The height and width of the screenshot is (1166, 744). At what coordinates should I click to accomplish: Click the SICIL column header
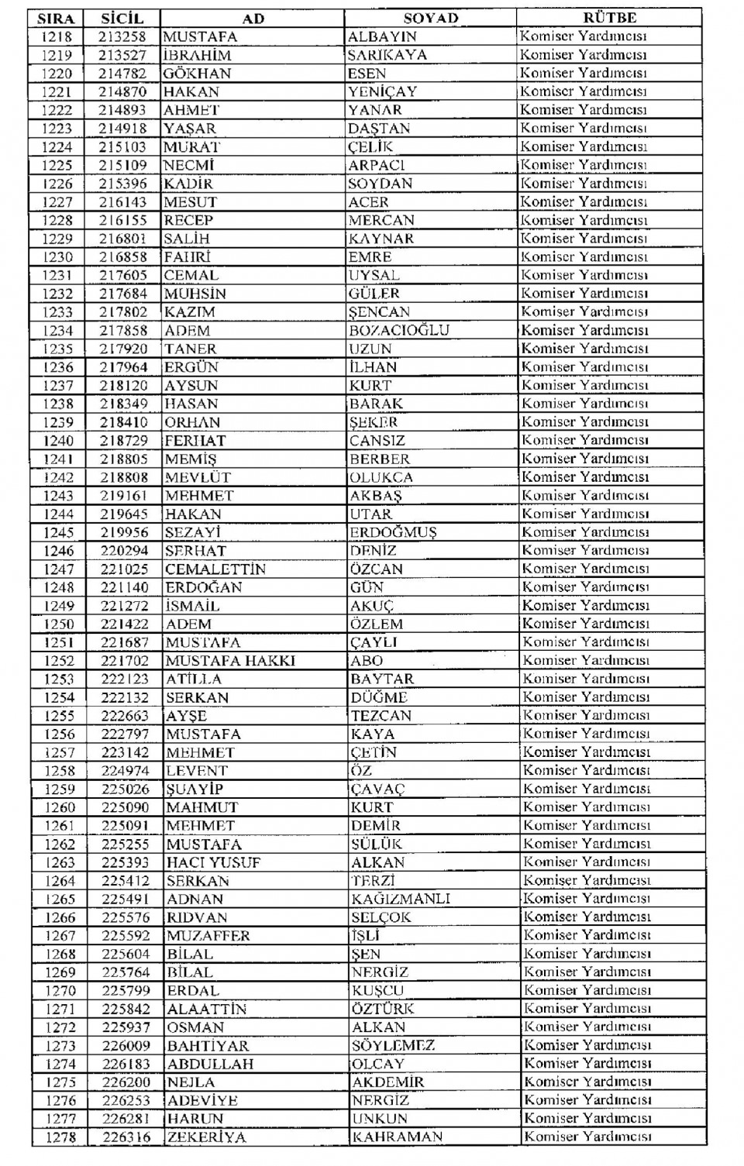click(122, 18)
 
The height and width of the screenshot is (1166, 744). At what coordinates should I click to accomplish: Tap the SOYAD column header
click(430, 18)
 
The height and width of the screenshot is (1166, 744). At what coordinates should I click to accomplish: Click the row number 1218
click(55, 36)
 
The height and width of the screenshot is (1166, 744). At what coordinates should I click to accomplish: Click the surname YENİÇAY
click(383, 91)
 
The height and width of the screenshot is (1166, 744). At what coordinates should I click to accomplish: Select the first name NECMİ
click(188, 165)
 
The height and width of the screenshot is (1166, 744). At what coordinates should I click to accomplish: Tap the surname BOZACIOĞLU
click(399, 330)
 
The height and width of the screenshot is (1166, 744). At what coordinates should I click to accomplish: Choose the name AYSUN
click(191, 385)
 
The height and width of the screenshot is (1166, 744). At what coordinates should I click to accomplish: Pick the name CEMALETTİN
click(215, 569)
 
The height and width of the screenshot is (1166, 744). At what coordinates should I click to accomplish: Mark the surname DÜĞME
click(379, 697)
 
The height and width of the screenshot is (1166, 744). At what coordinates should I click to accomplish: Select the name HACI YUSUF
click(214, 862)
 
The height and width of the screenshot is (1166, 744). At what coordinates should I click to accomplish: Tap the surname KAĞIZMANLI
click(401, 899)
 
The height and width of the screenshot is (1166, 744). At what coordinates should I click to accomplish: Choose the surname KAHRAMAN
click(398, 1137)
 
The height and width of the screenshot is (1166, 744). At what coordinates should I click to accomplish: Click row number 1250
click(58, 624)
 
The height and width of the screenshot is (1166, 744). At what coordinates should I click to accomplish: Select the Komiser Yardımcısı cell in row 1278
click(587, 1137)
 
